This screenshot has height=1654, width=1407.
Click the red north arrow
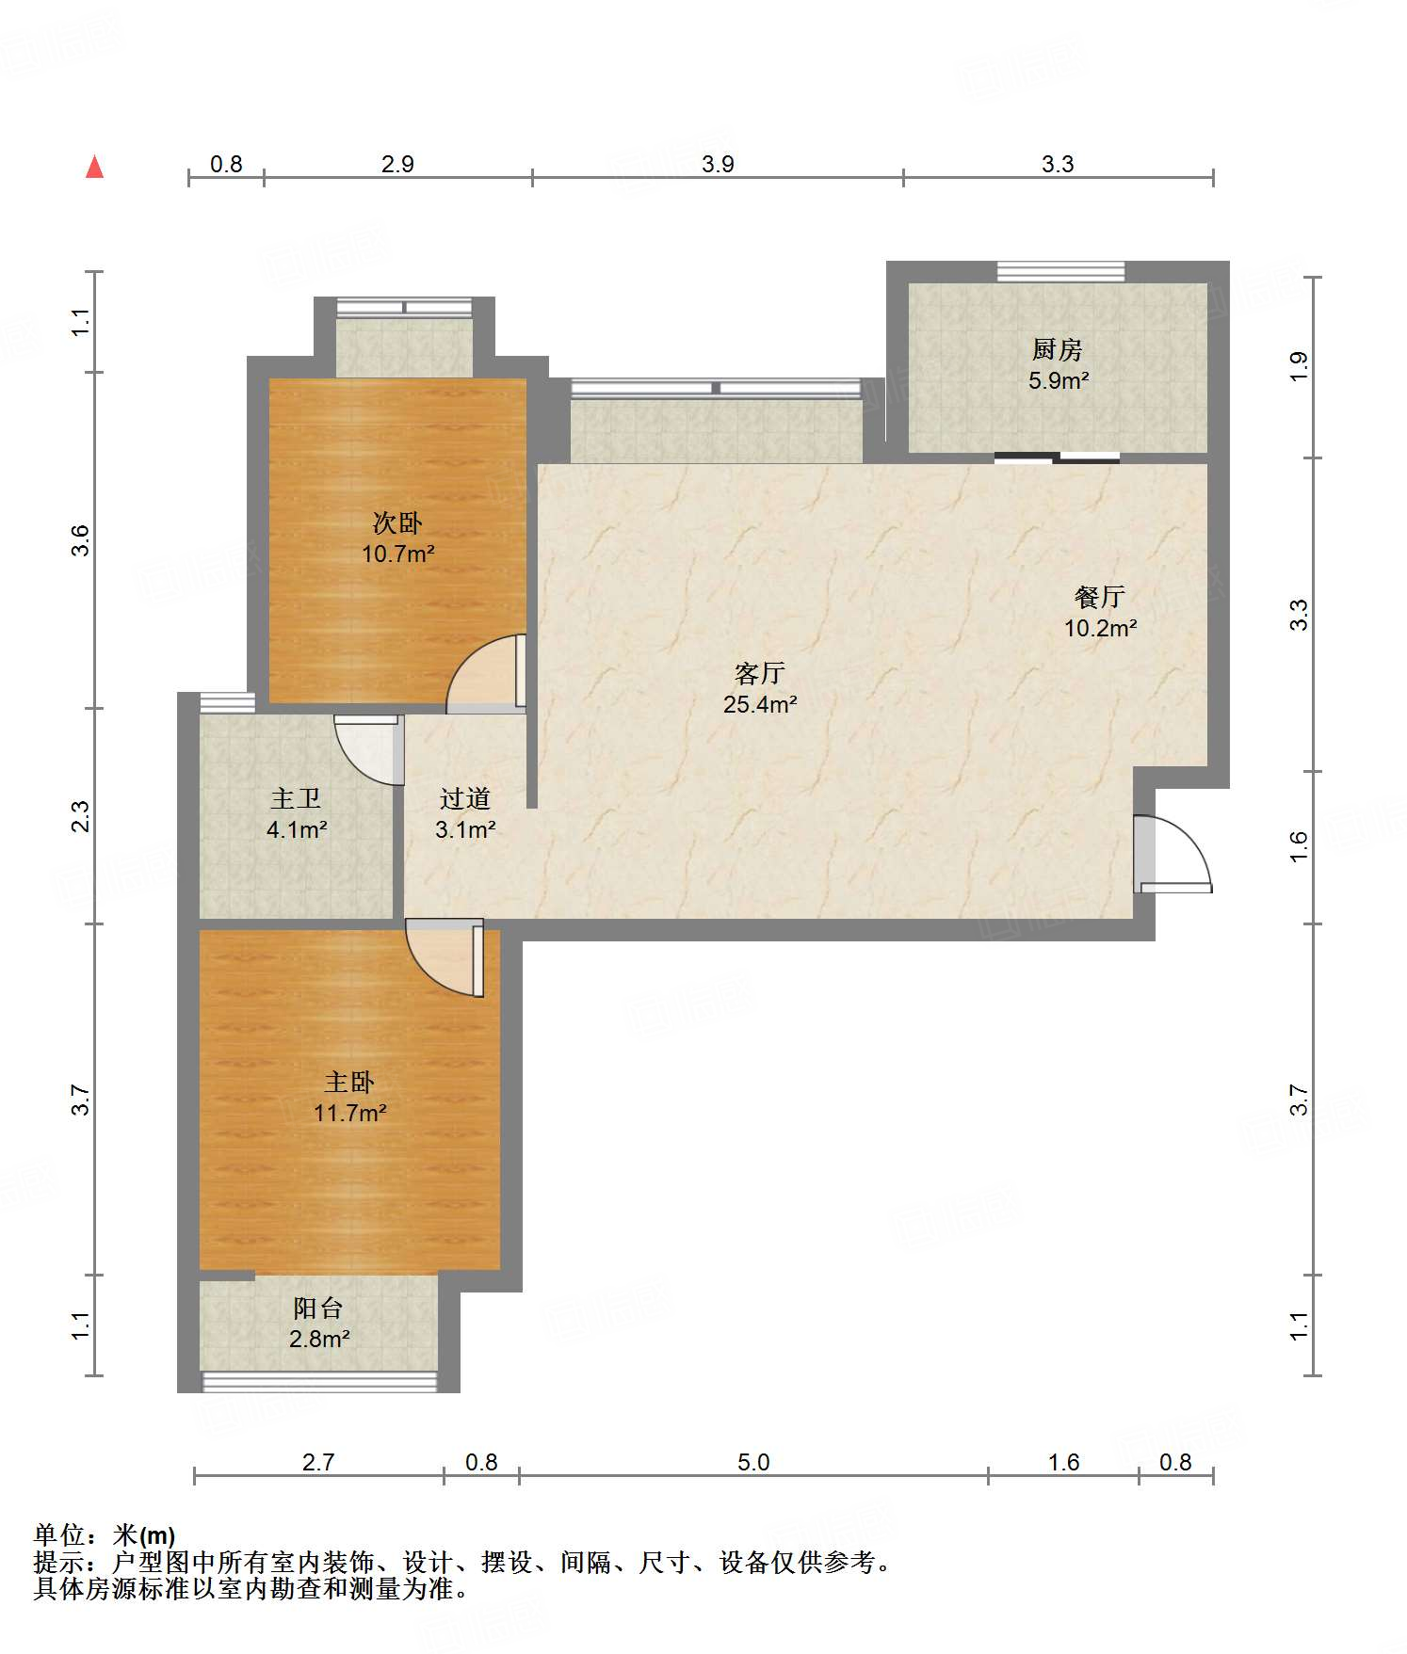pos(94,167)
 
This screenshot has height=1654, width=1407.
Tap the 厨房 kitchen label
pos(1057,350)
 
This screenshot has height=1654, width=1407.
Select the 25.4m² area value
pos(760,704)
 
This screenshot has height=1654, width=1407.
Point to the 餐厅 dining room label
pos(1099,597)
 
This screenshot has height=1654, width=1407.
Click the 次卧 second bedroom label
pos(397,522)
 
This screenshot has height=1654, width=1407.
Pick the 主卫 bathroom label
pos(296,798)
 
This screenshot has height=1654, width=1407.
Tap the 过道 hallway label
pos(465,798)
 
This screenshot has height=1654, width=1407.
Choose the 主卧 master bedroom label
pos(349,1082)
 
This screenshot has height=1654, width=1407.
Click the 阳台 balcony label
pos(318,1308)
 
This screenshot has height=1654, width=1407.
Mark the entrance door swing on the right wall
pos(1172,853)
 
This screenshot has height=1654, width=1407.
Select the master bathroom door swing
pos(368,749)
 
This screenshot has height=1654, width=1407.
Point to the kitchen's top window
pos(1061,272)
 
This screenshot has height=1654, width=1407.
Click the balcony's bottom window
pos(320,1382)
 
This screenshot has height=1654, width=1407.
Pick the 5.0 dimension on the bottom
pos(753,1462)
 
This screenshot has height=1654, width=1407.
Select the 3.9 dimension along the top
pos(718,164)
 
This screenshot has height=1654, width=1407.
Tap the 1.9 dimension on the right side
pos(1299,366)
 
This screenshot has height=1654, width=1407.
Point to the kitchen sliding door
pos(1058,458)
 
